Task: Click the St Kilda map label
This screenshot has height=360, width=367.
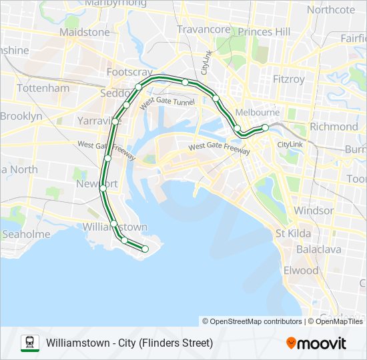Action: [x=294, y=233]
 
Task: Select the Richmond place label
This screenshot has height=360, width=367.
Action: [x=334, y=126]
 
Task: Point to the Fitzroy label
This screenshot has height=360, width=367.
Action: [x=288, y=79]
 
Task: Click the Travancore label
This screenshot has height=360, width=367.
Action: [x=204, y=29]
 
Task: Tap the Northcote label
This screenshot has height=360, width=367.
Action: [x=331, y=9]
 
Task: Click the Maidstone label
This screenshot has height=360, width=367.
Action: [x=84, y=32]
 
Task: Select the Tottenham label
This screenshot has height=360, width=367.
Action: [x=43, y=88]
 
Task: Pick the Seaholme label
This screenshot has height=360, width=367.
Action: [x=26, y=234]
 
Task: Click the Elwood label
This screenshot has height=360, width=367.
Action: [x=301, y=270]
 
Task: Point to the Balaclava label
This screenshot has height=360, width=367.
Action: [x=318, y=249]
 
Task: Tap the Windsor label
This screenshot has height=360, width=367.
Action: [x=314, y=211]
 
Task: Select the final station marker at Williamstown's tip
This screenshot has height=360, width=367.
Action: [x=145, y=249]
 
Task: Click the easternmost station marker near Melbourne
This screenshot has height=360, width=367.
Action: [x=265, y=127]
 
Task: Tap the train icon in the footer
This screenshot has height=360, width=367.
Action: [x=30, y=343]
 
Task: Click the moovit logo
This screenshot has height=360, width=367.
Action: [x=316, y=343]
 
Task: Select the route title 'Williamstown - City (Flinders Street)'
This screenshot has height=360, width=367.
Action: [x=129, y=343]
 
